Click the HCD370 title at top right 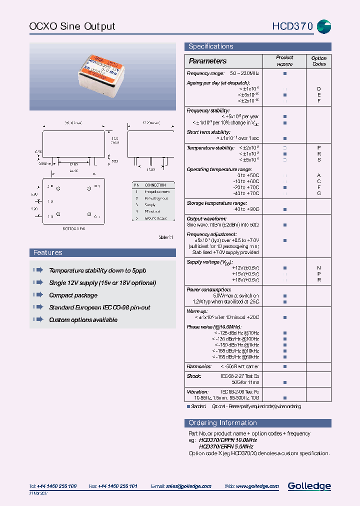[x=292, y=26]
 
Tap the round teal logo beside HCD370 [x=324, y=26]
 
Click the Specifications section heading [x=210, y=46]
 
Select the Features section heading [x=48, y=252]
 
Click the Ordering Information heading [x=222, y=423]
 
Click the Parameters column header [x=207, y=61]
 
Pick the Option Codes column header [x=318, y=61]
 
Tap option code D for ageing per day [x=318, y=88]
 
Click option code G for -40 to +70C [x=318, y=193]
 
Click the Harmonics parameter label [x=198, y=366]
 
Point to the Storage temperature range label [x=216, y=203]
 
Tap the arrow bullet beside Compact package [x=38, y=295]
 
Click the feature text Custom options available [x=83, y=319]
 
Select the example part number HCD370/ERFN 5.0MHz [x=226, y=446]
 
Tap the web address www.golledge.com [x=258, y=486]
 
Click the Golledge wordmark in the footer [x=309, y=485]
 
